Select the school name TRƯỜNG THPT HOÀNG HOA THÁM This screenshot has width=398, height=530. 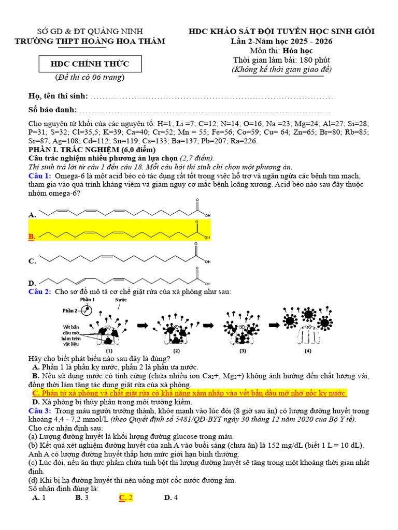(89, 41)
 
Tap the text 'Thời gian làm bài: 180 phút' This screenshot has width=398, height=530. (281, 60)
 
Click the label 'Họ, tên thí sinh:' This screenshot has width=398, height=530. (58, 97)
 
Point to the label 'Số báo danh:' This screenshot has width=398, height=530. (53, 110)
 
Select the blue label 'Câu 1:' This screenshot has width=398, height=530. (39, 176)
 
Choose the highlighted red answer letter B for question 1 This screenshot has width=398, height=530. (32, 237)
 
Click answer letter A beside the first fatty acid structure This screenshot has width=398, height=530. (32, 214)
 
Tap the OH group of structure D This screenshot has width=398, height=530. (207, 283)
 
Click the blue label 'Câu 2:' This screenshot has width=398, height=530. (39, 292)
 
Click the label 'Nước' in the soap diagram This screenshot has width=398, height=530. (120, 300)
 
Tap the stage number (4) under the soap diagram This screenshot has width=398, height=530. (308, 350)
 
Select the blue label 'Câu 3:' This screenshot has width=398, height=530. (39, 410)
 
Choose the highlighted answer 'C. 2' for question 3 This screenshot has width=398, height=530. (126, 497)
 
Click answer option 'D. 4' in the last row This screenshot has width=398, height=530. (171, 497)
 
